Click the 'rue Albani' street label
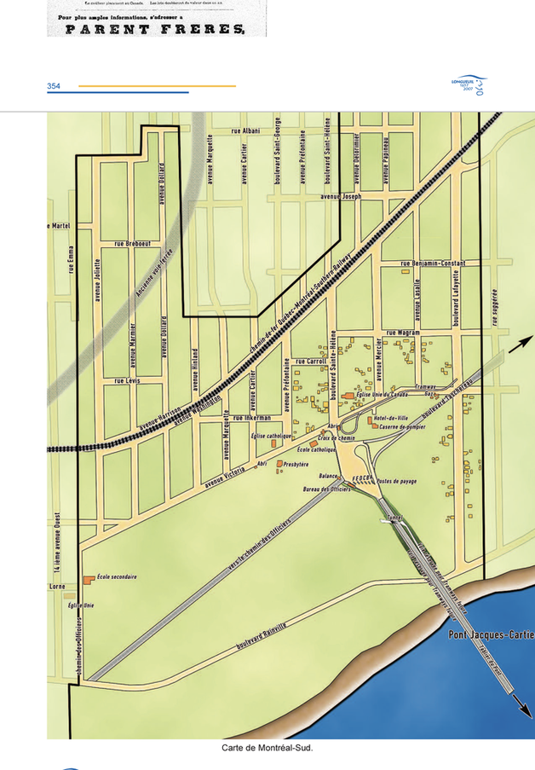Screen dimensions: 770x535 245,130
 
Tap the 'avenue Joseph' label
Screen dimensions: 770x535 341,196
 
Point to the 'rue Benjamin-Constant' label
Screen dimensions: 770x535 432,263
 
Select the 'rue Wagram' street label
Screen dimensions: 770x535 403,333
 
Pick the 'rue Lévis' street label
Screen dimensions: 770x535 127,380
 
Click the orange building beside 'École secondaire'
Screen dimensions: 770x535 89,580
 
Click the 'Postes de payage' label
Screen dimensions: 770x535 396,482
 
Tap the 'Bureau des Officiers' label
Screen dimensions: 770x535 326,490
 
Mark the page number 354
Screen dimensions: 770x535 54,86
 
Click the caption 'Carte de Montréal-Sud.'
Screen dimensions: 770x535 267,748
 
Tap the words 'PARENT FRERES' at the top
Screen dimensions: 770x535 145,30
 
